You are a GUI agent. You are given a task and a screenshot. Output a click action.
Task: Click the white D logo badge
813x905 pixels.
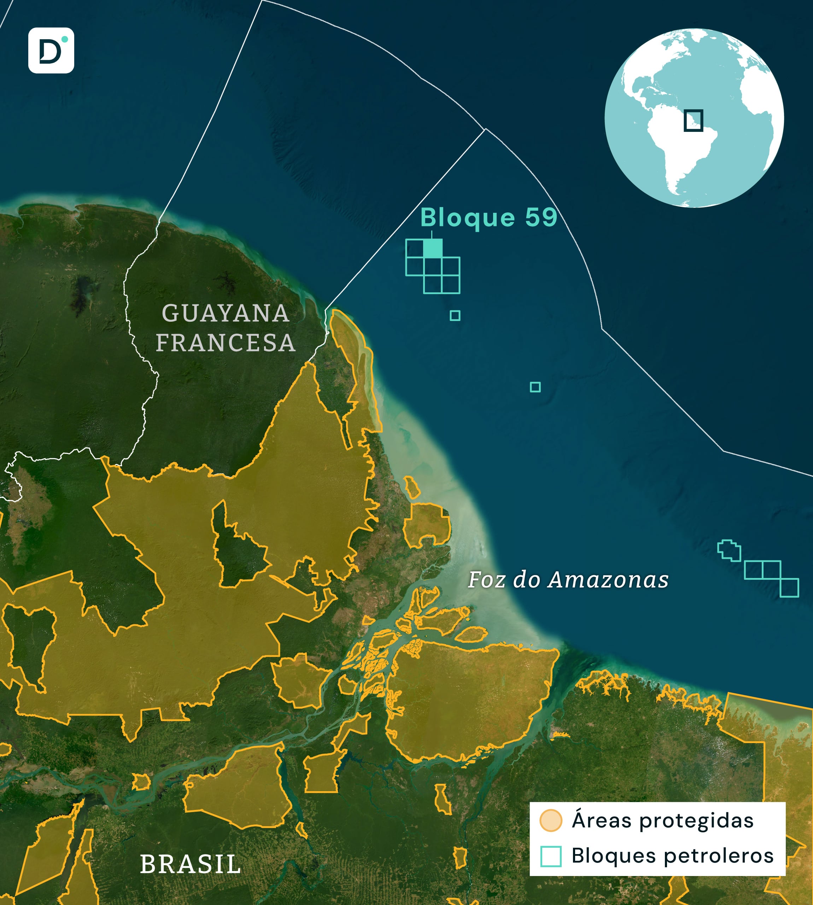(51, 51)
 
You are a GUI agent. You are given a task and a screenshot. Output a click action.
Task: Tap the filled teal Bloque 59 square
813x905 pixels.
(432, 249)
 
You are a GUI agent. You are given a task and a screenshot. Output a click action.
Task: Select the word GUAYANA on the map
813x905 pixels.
(226, 313)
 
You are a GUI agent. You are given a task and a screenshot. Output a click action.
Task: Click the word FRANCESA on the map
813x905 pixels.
(226, 343)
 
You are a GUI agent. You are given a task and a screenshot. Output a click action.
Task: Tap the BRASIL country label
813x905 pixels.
(190, 864)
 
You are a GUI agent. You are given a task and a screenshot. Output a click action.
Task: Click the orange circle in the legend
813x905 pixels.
(550, 821)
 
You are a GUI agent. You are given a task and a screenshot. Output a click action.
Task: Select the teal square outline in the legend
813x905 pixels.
(550, 856)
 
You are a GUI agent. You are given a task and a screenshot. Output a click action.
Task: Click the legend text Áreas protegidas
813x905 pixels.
(662, 821)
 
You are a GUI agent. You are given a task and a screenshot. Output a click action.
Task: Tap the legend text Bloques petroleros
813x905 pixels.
(672, 856)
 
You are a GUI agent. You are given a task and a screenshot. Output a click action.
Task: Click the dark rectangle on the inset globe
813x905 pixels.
(693, 121)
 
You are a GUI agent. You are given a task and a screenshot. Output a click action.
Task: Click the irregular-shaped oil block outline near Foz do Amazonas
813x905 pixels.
(729, 550)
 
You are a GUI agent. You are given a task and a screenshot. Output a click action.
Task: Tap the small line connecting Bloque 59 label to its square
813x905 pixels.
(432, 234)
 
